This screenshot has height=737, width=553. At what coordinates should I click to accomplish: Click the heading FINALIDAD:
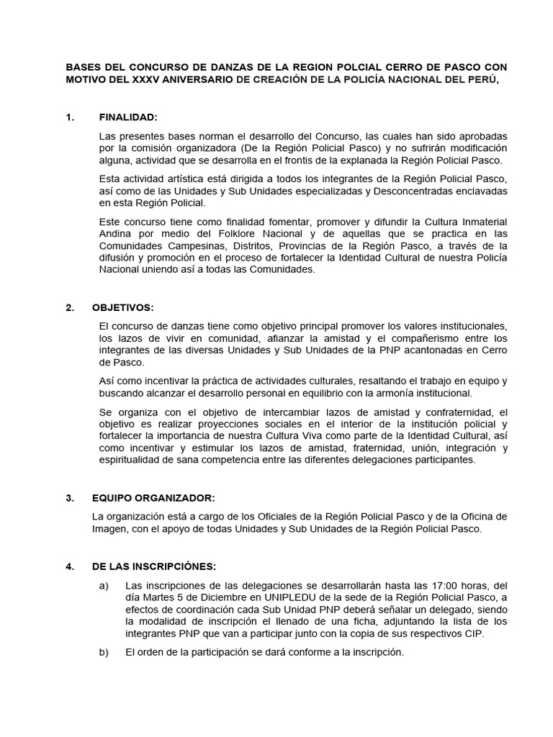[127, 117]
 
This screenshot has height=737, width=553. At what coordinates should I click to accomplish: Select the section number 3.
[69, 498]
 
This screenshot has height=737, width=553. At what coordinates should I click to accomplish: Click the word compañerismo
[392, 338]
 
